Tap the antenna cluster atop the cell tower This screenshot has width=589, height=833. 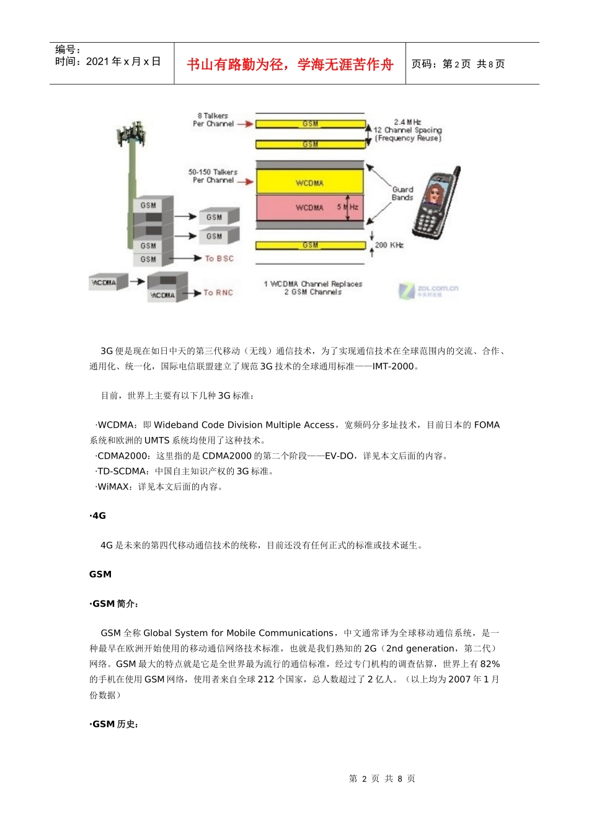tap(131, 134)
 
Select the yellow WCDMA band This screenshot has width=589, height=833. tap(310, 182)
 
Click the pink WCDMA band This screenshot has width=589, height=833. tap(310, 208)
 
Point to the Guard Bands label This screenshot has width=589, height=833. tap(402, 193)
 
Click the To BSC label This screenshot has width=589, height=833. tap(219, 258)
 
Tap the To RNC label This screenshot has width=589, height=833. tap(218, 293)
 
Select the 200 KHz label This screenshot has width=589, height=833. tap(389, 245)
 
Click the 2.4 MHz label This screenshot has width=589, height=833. tap(407, 122)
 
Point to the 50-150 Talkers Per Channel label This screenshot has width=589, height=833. tap(213, 176)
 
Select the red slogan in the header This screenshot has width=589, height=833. tap(290, 64)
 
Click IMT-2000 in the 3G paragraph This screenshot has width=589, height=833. tap(392, 366)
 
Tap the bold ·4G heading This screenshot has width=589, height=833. tap(98, 516)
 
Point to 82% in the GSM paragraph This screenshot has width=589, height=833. tap(490, 664)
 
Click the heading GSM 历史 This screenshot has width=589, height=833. tap(115, 724)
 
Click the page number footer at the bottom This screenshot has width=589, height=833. tap(382, 778)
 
